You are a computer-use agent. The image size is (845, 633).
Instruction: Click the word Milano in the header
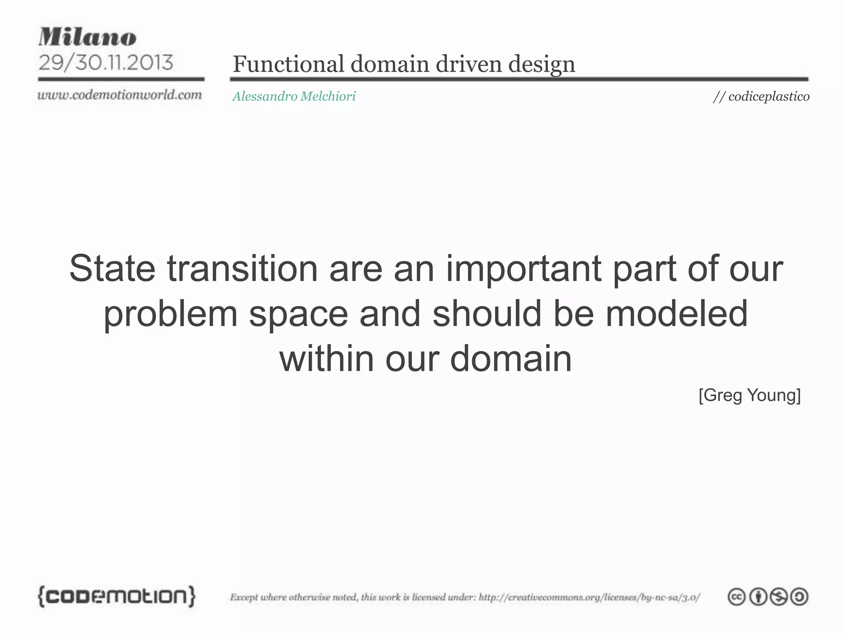[x=87, y=37]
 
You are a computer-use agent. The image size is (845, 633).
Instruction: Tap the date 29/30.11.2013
[x=106, y=63]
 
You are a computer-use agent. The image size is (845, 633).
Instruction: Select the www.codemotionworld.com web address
[x=120, y=95]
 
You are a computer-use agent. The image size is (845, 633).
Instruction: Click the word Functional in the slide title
[x=288, y=64]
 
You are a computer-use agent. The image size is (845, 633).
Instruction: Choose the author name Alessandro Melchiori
[x=294, y=96]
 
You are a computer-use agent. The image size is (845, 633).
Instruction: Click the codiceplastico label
[x=769, y=96]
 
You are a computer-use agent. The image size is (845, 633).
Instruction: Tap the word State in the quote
[x=112, y=269]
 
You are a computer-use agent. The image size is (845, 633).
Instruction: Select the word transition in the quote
[x=242, y=269]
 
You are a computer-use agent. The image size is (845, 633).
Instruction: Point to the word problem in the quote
[x=170, y=314]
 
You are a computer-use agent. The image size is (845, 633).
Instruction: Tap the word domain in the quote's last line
[x=510, y=359]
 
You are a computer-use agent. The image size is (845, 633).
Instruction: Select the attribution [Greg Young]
[x=749, y=395]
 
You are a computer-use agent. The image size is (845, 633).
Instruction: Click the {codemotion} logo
[x=117, y=596]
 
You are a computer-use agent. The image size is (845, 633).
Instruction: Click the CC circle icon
[x=736, y=597]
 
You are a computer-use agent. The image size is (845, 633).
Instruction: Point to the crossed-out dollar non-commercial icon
[x=779, y=597]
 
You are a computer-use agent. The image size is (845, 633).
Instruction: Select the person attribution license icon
[x=758, y=597]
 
